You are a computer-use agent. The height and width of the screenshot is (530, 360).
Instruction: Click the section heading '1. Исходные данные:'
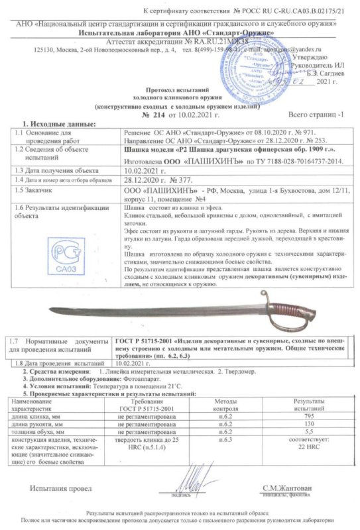point(60,125)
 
